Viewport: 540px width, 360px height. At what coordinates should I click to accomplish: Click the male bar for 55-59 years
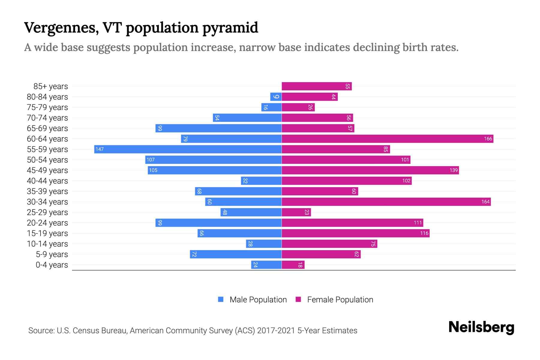tap(188, 149)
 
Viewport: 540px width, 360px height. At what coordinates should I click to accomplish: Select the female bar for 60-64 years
tap(387, 139)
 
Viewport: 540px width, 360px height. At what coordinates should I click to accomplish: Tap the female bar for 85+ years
tap(316, 86)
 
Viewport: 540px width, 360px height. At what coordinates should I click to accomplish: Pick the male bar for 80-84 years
tap(276, 97)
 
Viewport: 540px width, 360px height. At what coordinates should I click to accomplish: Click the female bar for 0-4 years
tap(293, 265)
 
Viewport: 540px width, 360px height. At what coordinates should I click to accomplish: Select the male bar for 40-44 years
tap(261, 181)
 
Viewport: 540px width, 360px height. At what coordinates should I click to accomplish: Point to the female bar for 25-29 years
tap(296, 212)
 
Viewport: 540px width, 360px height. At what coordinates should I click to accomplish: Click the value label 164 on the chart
tap(485, 202)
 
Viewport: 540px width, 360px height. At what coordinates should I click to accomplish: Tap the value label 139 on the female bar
tap(453, 170)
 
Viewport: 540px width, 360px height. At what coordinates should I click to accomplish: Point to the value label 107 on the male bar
tap(151, 160)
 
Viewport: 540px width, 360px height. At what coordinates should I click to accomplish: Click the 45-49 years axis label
tap(47, 170)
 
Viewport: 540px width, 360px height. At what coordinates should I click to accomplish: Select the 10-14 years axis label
tap(47, 244)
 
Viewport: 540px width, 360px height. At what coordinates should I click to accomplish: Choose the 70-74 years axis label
tap(47, 118)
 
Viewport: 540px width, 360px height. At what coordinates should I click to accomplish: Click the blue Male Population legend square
tap(221, 299)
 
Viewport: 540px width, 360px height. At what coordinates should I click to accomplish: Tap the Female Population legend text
tap(340, 299)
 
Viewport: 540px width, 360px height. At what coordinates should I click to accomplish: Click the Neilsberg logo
tap(481, 327)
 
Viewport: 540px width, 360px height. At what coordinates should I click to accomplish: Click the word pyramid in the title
tap(230, 28)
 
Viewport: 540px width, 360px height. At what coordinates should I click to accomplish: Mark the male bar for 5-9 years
tap(236, 254)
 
